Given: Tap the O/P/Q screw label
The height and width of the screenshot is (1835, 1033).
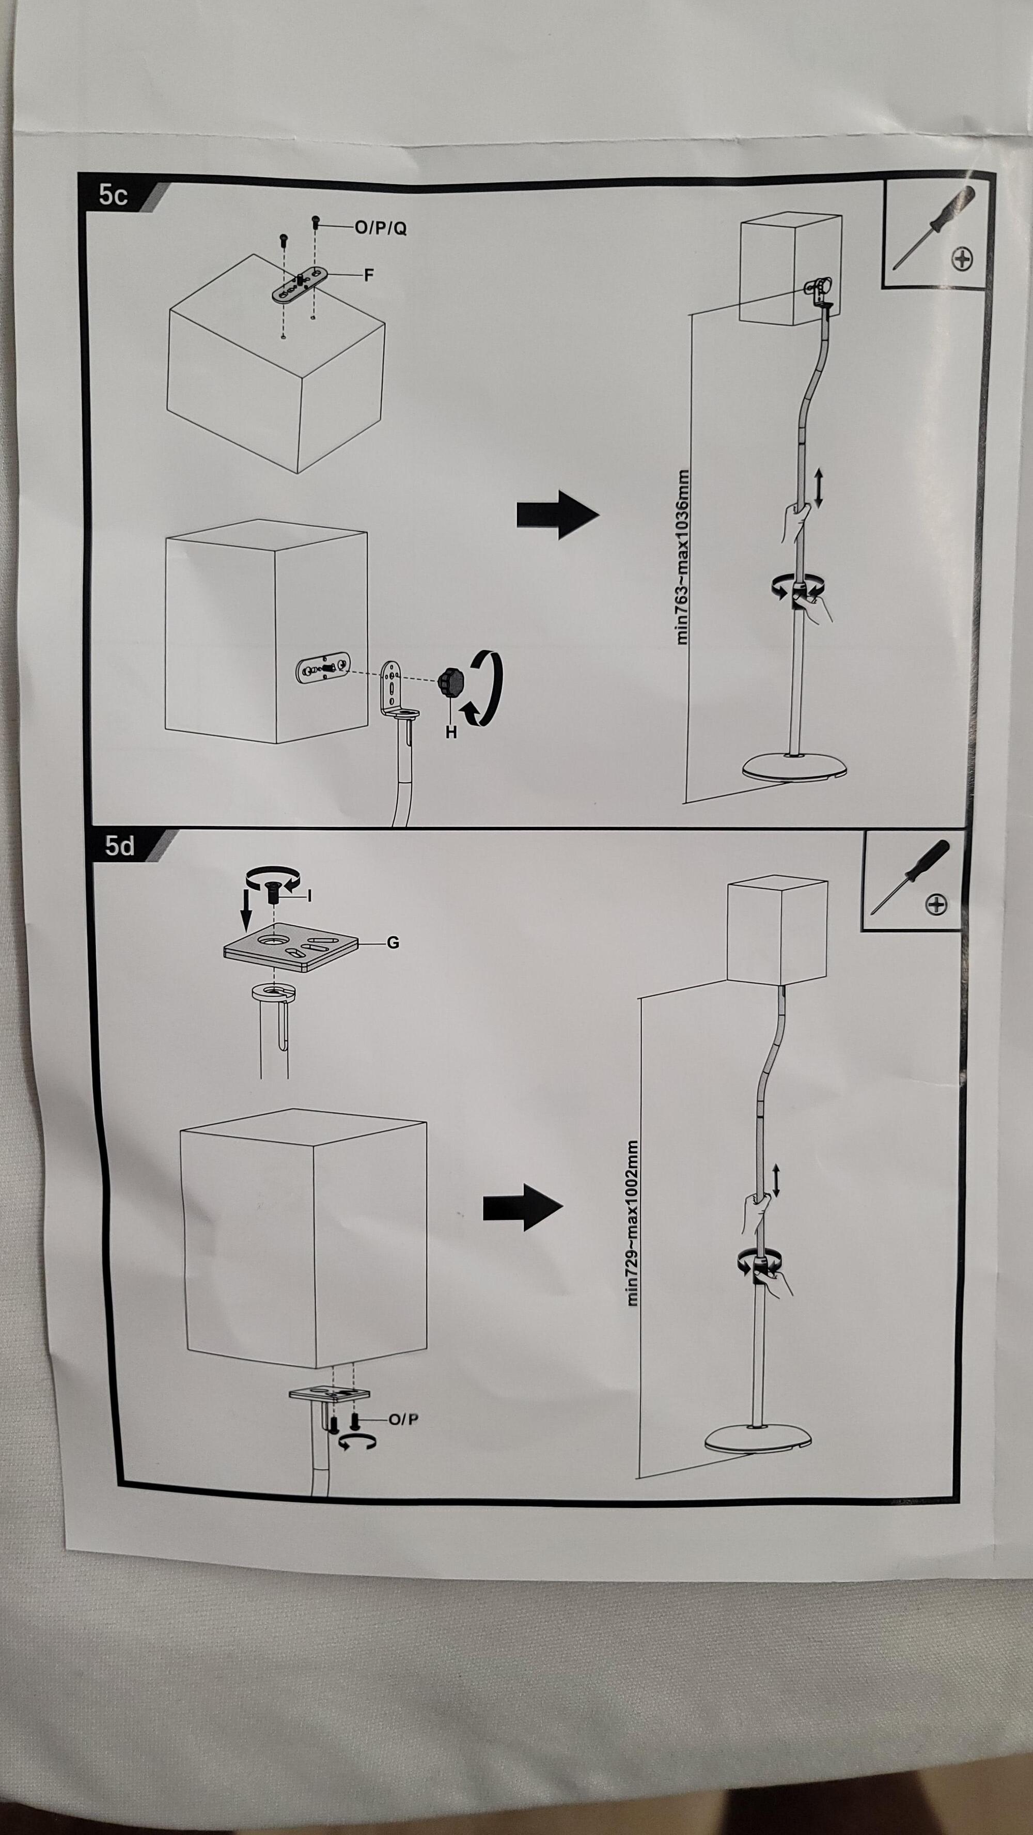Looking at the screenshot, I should tap(381, 228).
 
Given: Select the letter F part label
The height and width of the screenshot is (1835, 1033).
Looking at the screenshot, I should tap(368, 275).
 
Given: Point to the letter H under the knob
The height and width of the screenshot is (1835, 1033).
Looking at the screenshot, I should tap(450, 732).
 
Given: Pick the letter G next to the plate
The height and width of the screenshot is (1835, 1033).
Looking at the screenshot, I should tap(393, 942).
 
